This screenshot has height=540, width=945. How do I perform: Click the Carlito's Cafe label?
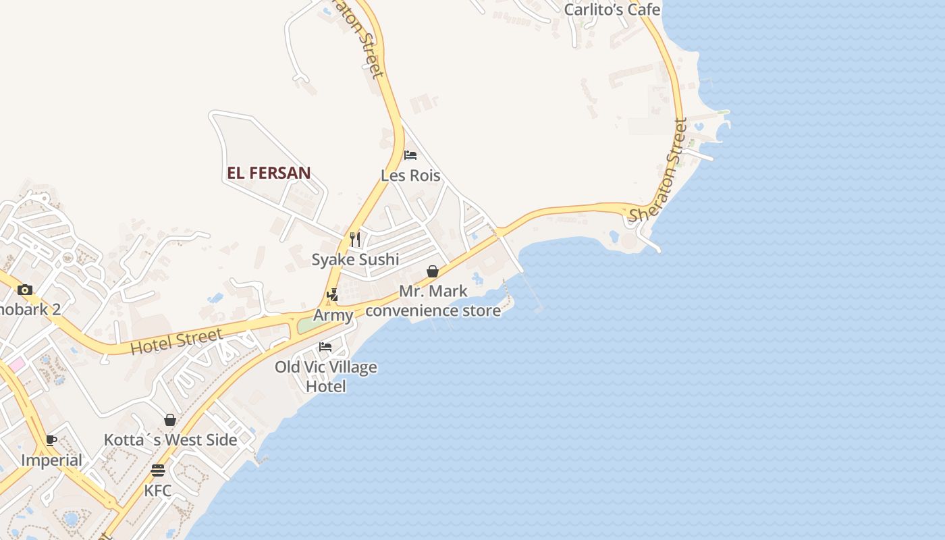pos(612,9)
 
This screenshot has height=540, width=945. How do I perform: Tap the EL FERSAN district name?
pos(269,173)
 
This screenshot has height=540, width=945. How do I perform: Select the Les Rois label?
pos(410,175)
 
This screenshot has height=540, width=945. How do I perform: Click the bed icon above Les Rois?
pos(410,155)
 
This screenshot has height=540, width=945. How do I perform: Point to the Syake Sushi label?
pos(355,259)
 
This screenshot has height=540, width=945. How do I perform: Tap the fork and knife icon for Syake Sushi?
pos(355,239)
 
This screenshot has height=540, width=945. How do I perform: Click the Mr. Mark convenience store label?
pos(433,301)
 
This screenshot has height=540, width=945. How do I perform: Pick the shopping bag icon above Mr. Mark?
pos(433,271)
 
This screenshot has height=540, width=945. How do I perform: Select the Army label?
pos(333,315)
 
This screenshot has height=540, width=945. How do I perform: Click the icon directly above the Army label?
pos(332,295)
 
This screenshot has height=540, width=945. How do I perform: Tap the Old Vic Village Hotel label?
pos(326,377)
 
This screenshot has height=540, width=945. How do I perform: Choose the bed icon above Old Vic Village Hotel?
pos(325,347)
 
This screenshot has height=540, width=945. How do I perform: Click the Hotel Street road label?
pos(176,342)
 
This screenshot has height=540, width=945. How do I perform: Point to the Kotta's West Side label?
pos(170,440)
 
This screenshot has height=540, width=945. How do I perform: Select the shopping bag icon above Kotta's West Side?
pos(170,420)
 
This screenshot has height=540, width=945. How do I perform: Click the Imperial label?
pos(51,460)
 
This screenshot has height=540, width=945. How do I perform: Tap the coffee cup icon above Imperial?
pos(51,441)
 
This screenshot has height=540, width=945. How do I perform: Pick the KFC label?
pos(158,490)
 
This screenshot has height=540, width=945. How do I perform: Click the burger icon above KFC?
pos(158,470)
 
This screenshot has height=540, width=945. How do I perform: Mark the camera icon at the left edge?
pos(25,290)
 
